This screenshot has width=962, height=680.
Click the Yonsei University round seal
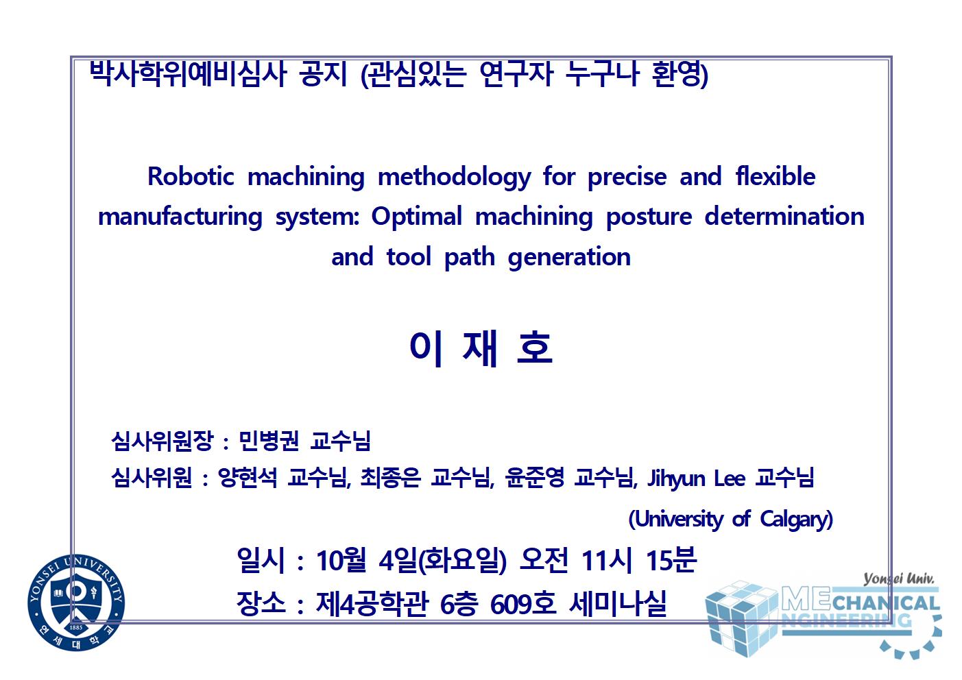[76, 603]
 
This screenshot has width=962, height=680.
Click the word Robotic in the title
[191, 176]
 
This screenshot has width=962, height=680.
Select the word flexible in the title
[775, 176]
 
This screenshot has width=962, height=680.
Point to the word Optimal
[417, 217]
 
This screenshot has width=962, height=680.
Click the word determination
[784, 216]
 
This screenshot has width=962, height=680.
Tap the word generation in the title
[569, 258]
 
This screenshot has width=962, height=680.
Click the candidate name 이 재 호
[481, 349]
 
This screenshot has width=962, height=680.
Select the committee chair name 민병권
[268, 441]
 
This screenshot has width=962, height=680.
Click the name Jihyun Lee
[696, 478]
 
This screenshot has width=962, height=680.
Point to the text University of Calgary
[730, 520]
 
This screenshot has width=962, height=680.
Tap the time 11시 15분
[638, 560]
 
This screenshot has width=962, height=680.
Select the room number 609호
[522, 604]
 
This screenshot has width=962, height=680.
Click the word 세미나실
[618, 604]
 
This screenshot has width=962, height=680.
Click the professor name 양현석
[248, 478]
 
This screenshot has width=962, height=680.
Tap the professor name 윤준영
[534, 477]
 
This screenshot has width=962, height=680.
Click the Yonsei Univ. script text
[899, 579]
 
